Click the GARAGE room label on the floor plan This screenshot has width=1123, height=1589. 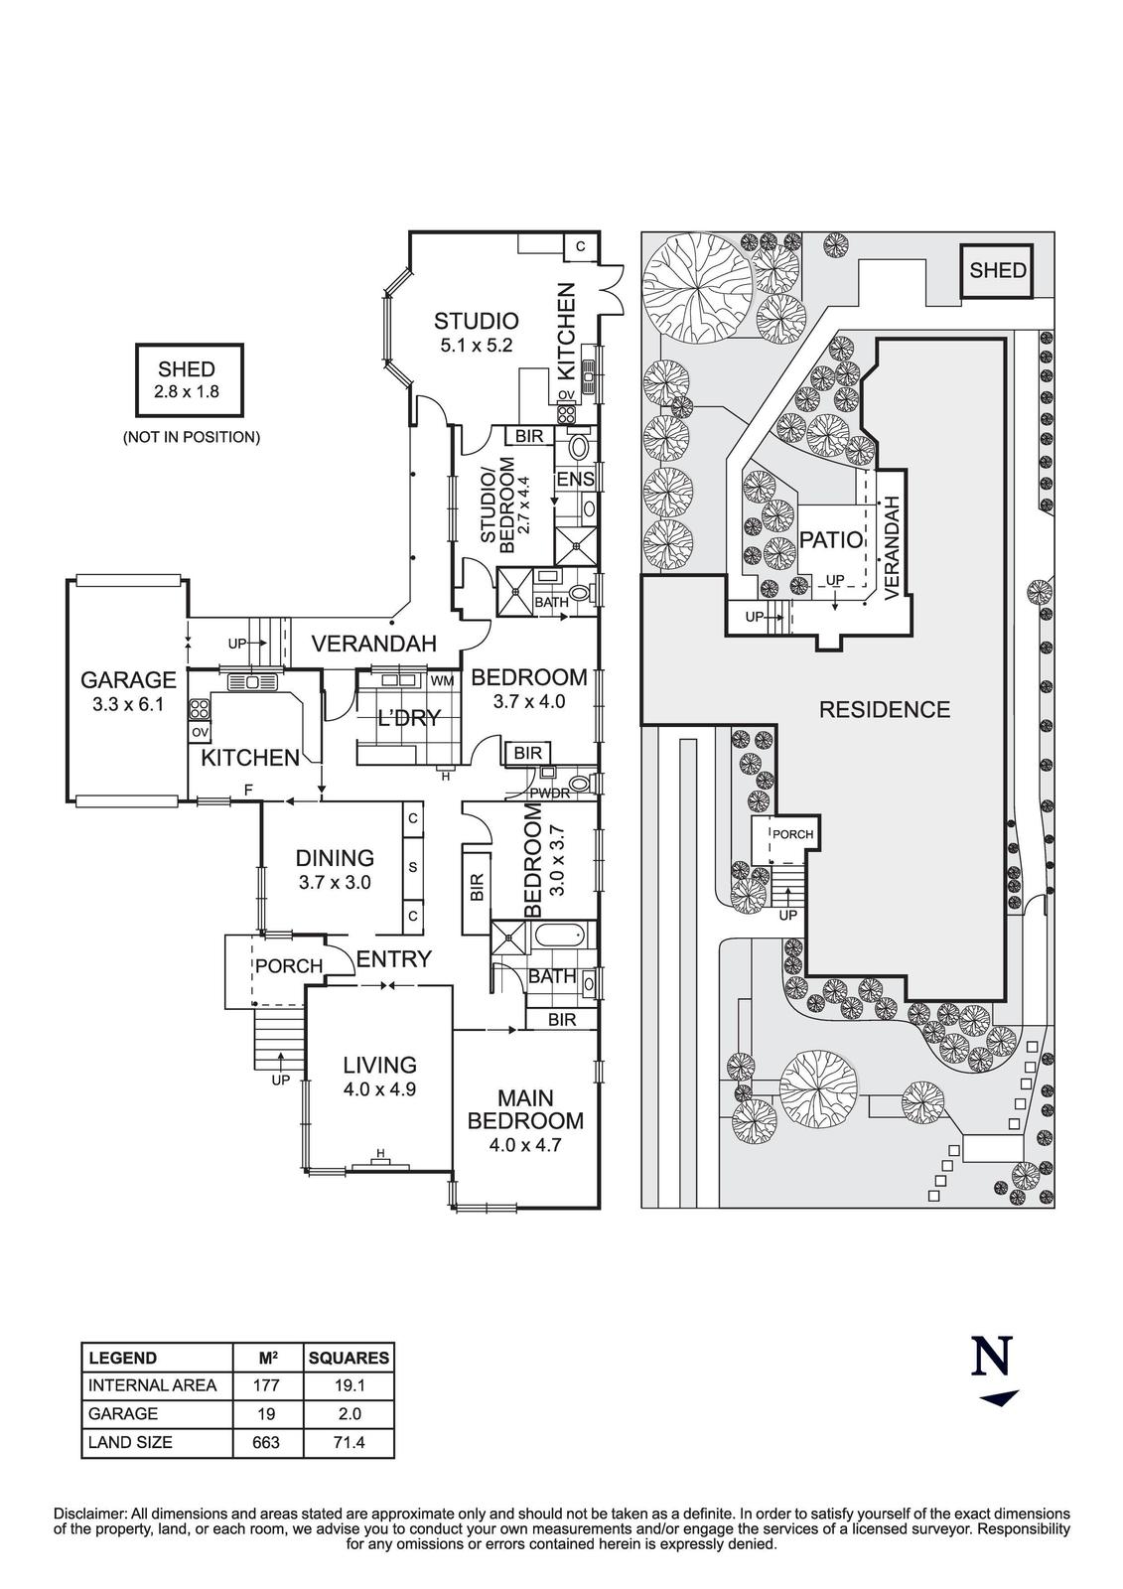pyautogui.click(x=128, y=680)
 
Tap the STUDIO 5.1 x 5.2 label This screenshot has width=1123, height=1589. pyautogui.click(x=477, y=321)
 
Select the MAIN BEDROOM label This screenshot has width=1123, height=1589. pyautogui.click(x=525, y=1109)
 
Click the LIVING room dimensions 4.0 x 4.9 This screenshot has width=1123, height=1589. pyautogui.click(x=379, y=1088)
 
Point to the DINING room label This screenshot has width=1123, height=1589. pyautogui.click(x=335, y=858)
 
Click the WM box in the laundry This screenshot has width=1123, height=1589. pyautogui.click(x=443, y=681)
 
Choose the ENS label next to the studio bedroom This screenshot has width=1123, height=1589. pyautogui.click(x=575, y=480)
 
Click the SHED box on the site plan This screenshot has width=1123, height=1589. pyautogui.click(x=998, y=270)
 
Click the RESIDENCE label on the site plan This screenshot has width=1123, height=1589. pyautogui.click(x=884, y=710)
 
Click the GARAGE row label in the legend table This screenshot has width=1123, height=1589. pyautogui.click(x=123, y=1414)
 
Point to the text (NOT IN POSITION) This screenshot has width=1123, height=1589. pyautogui.click(x=192, y=437)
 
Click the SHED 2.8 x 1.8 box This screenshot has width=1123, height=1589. pyautogui.click(x=187, y=380)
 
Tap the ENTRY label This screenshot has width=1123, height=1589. pyautogui.click(x=394, y=959)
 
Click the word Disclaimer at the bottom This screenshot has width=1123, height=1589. pyautogui.click(x=90, y=1514)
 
